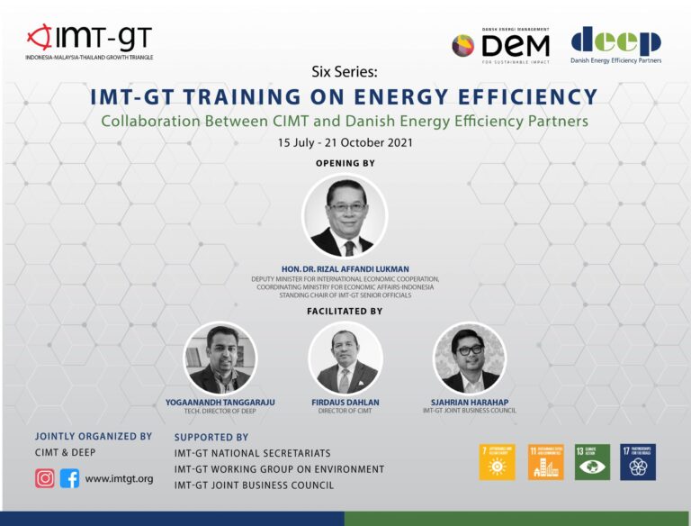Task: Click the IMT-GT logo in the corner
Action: [90, 41]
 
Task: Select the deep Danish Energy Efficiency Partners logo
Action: [615, 45]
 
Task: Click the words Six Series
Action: [345, 71]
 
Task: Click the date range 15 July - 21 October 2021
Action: [345, 143]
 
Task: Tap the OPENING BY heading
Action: [345, 163]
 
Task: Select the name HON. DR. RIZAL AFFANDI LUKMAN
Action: [345, 268]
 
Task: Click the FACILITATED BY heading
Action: [345, 311]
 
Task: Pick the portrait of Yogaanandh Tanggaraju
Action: [220, 358]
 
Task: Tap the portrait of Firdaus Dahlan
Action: [345, 358]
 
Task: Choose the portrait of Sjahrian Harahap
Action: [470, 357]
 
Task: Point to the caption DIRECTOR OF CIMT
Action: [345, 411]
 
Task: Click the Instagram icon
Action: [45, 478]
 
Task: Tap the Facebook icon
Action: [69, 478]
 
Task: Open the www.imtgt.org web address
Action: [119, 479]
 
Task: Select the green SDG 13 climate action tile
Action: [592, 462]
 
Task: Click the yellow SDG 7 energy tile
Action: [497, 462]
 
